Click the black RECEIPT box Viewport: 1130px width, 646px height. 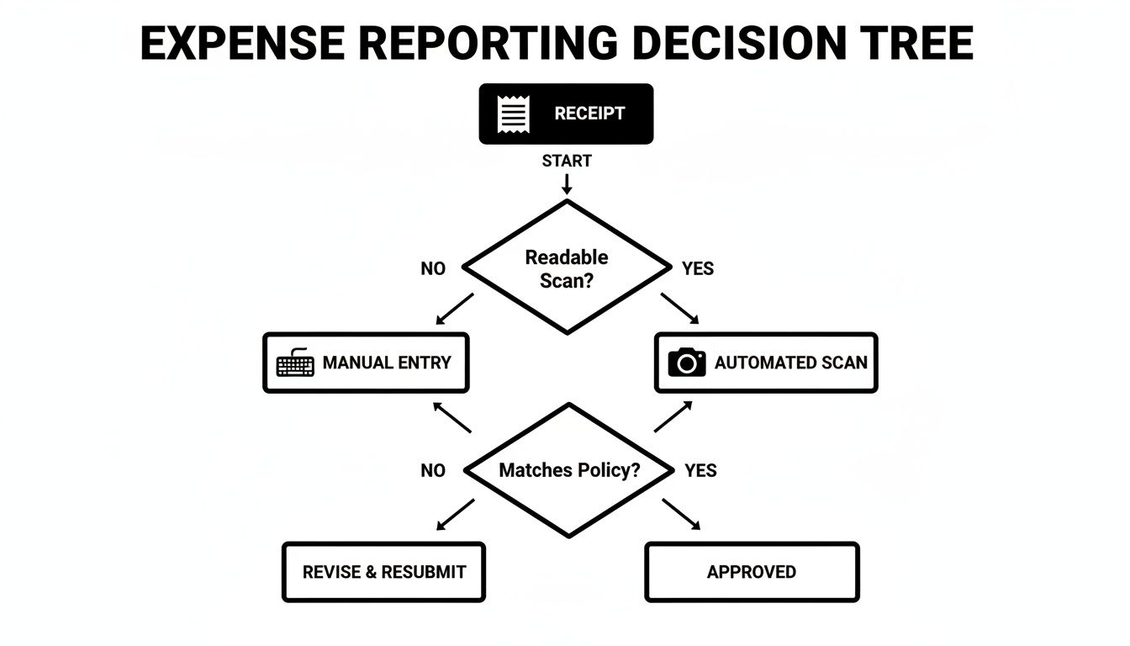pos(566,114)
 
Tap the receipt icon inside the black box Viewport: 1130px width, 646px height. pos(513,114)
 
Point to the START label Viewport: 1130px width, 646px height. pos(567,161)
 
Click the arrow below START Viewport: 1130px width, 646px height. pos(567,183)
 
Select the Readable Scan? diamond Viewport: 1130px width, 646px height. pos(567,268)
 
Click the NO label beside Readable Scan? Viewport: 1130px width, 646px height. pos(433,269)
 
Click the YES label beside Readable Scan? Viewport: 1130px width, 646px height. pos(698,269)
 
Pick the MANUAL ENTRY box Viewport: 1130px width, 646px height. pos(366,363)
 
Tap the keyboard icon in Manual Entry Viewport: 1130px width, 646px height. pos(295,363)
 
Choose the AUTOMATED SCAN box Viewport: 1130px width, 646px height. pos(766,363)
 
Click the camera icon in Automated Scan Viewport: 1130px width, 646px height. pos(687,363)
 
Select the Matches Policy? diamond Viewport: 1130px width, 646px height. pos(569,470)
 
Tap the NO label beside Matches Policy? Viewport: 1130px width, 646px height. pos(433,471)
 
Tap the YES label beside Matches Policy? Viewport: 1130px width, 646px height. pos(700,471)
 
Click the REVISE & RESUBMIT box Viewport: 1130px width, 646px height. pos(384,572)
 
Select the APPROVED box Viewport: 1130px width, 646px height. pos(752,572)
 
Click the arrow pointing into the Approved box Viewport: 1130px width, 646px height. pos(681,515)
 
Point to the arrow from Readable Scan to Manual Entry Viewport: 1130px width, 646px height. pos(455,309)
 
